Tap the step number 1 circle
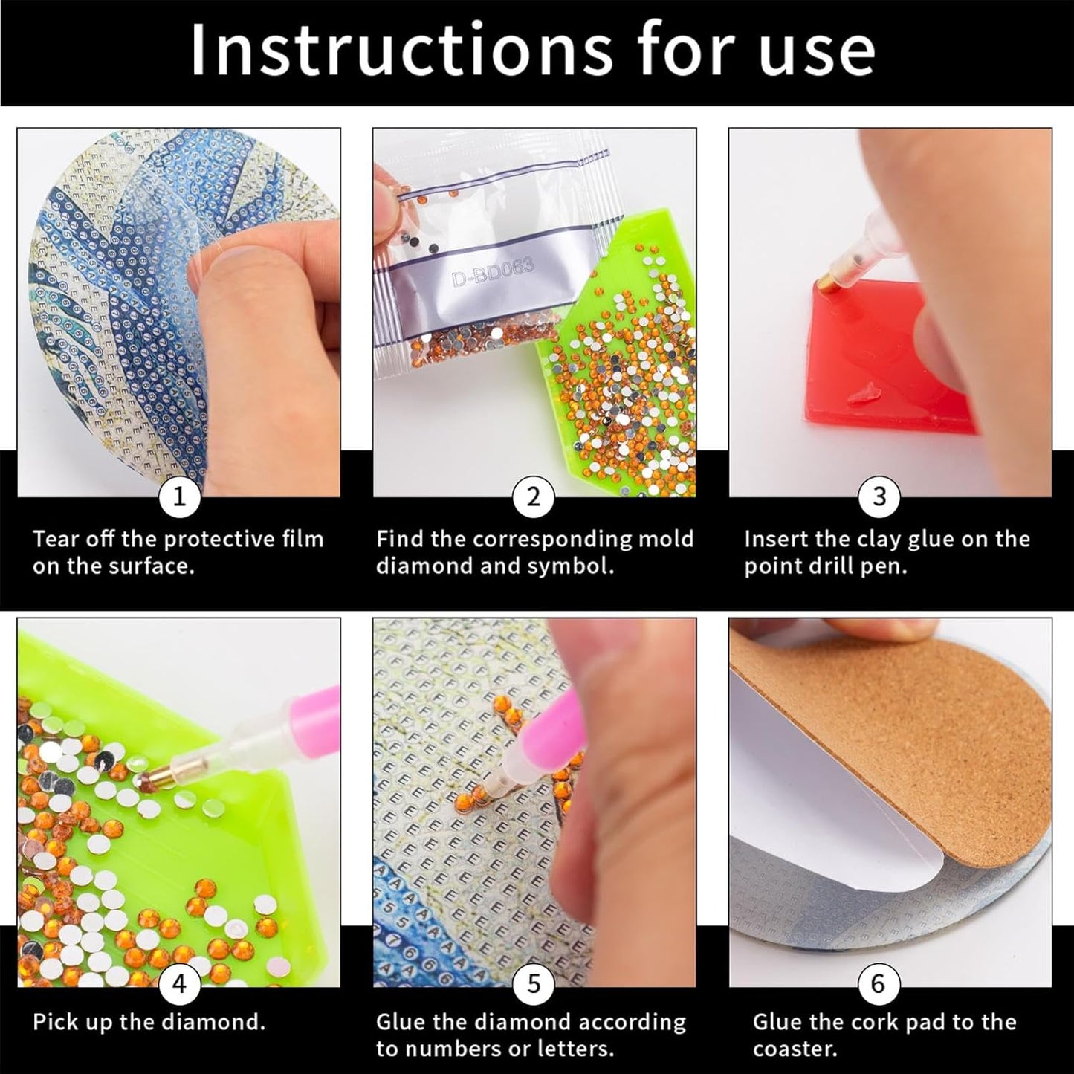179,496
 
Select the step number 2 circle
534,496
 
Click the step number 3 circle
879,496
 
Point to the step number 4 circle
179,983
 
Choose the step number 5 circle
534,983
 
